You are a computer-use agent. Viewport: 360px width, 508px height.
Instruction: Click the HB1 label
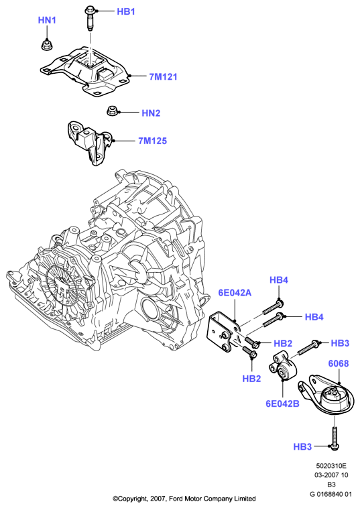coord(126,11)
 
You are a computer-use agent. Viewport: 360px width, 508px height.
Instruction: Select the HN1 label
coord(47,20)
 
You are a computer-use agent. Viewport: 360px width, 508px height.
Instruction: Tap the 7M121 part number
coord(163,77)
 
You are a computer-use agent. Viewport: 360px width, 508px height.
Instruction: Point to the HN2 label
coord(151,113)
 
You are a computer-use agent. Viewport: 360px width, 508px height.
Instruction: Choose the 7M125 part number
coord(152,141)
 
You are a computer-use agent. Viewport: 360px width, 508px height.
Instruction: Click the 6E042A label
coord(235,293)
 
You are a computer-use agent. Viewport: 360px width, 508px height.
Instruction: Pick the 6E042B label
coord(282,403)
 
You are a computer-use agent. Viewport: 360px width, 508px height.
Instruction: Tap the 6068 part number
coord(339,363)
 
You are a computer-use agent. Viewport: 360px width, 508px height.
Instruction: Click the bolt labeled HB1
coord(89,19)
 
